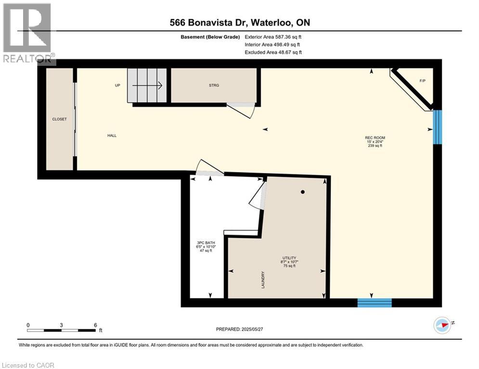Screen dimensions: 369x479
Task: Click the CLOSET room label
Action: pyautogui.click(x=60, y=119)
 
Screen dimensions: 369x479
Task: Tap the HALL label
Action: pyautogui.click(x=112, y=135)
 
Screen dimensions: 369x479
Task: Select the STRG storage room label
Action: pyautogui.click(x=214, y=86)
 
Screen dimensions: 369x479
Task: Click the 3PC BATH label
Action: pyautogui.click(x=206, y=243)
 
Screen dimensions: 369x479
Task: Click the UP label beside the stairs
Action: pyautogui.click(x=117, y=86)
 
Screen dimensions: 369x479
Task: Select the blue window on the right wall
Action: pyautogui.click(x=437, y=127)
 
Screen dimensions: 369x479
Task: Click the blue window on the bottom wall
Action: pyautogui.click(x=374, y=303)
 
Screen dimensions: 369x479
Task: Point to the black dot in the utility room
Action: pyautogui.click(x=303, y=192)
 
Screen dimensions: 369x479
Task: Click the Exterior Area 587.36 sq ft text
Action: pyautogui.click(x=273, y=37)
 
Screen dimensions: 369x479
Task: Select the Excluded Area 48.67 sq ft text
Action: pyautogui.click(x=273, y=52)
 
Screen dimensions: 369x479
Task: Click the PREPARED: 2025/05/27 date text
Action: pyautogui.click(x=240, y=329)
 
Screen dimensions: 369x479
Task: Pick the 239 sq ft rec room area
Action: pyautogui.click(x=375, y=146)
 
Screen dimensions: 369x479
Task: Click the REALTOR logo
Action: pyautogui.click(x=28, y=33)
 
